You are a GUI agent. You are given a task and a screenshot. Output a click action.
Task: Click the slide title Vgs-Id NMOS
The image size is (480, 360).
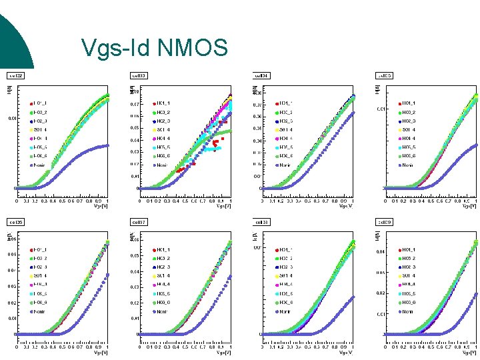[154, 47]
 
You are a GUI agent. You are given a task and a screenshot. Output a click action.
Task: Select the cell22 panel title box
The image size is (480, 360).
[15, 76]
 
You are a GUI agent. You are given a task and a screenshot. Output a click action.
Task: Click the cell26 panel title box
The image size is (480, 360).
[15, 221]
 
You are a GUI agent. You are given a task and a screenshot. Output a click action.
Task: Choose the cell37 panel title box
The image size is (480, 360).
[139, 221]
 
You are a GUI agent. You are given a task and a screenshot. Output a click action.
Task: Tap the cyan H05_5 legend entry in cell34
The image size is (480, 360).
[285, 147]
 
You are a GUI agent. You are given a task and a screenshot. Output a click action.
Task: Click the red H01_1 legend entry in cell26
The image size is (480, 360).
[39, 250]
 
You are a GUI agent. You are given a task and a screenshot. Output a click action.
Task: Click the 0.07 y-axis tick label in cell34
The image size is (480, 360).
[256, 103]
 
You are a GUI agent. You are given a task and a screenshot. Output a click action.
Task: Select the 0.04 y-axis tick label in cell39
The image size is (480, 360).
[379, 251]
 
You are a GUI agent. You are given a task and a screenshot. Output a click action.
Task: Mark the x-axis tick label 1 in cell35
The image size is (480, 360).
[476, 200]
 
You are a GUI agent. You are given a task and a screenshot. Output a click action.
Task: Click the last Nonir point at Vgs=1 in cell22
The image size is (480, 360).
[107, 145]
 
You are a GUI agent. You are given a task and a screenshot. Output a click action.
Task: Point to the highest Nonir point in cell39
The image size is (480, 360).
[476, 293]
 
